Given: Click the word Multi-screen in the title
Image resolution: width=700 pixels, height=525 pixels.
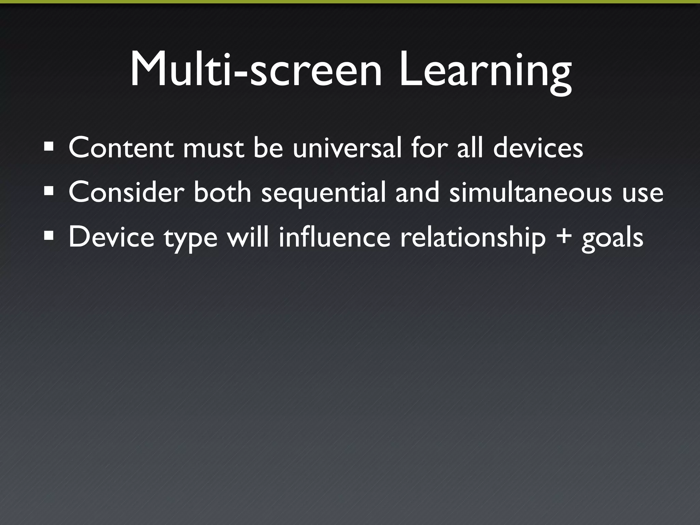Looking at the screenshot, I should [x=256, y=70].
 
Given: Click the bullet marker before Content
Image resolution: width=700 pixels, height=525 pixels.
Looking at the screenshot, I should [x=49, y=147].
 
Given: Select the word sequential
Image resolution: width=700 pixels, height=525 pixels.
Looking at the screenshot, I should [x=323, y=193].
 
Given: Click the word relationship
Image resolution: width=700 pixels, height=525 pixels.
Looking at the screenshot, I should [x=473, y=238].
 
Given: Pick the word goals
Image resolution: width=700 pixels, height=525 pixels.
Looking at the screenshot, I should [x=612, y=238].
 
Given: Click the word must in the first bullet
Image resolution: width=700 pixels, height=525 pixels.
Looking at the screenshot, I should [x=214, y=149].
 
